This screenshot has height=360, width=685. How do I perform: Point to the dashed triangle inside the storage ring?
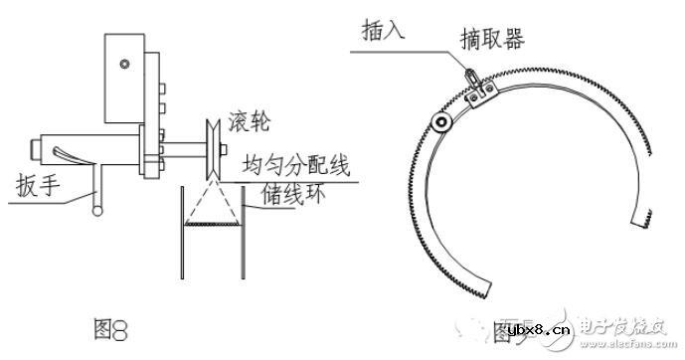click(212, 205)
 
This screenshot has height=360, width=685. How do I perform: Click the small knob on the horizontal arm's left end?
click(37, 149)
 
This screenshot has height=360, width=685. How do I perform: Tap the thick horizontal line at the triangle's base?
click(212, 227)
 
